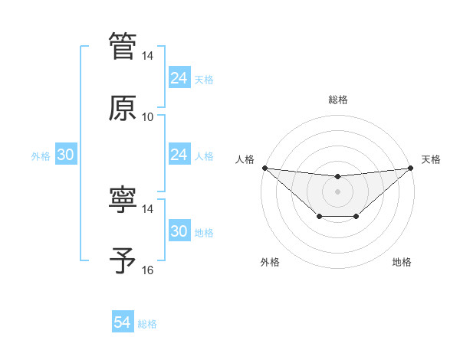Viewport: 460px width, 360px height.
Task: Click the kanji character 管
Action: point(123,46)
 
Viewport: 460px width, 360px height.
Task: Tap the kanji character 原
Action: point(123,107)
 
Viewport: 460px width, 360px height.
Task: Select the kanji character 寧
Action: point(123,199)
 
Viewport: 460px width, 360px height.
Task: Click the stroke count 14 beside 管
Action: point(148,56)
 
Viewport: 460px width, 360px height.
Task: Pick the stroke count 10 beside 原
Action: point(148,117)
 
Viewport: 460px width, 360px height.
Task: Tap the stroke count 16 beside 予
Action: point(148,270)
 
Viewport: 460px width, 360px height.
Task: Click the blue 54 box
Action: point(123,323)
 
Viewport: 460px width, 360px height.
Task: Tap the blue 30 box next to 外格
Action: point(65,155)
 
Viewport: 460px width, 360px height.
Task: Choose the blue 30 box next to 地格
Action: point(179,232)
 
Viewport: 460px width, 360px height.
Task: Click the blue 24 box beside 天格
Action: point(179,78)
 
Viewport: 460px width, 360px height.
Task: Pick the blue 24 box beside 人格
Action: point(179,155)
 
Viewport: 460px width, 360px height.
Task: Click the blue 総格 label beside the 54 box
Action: point(147,324)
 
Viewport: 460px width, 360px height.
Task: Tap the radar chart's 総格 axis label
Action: point(337,100)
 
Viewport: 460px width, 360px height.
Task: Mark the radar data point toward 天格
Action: point(410,168)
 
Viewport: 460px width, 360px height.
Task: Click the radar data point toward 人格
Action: point(264,168)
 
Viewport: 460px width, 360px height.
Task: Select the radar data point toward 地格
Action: point(356,218)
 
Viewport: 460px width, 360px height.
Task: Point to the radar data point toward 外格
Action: point(319,218)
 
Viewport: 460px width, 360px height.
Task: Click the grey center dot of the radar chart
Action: point(337,191)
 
